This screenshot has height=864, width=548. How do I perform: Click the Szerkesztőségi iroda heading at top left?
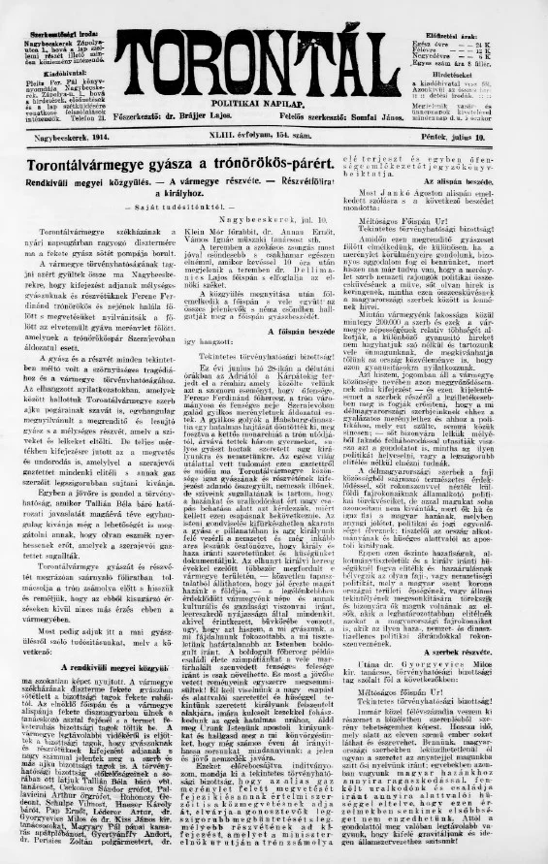click(46, 8)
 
